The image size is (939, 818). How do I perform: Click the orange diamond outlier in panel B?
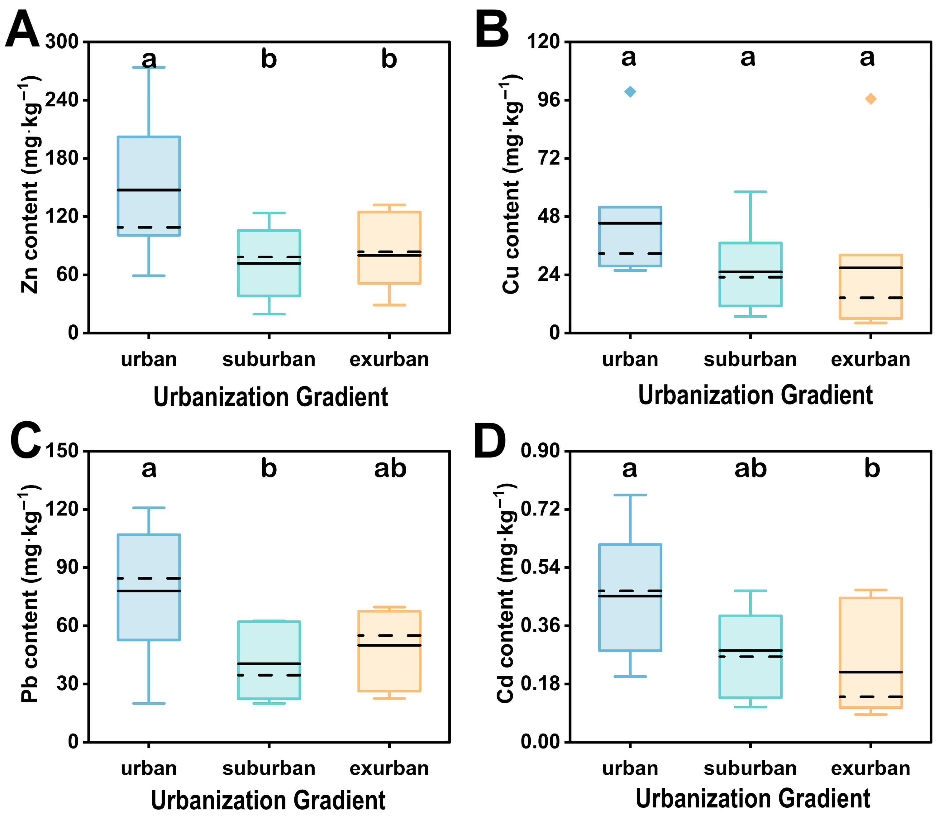tap(870, 98)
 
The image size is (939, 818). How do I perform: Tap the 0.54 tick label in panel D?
tap(540, 567)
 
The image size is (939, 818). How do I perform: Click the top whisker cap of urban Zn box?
tap(149, 68)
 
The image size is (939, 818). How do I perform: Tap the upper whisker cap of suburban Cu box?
tap(750, 192)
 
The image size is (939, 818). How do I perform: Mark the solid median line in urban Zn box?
tap(149, 190)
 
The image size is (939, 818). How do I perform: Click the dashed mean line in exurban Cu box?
tap(870, 298)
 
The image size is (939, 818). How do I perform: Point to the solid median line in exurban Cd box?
tap(870, 672)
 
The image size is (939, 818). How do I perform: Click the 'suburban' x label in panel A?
tap(269, 360)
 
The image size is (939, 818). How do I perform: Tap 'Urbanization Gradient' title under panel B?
tap(755, 395)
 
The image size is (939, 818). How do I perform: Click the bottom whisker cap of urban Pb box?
tap(149, 703)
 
